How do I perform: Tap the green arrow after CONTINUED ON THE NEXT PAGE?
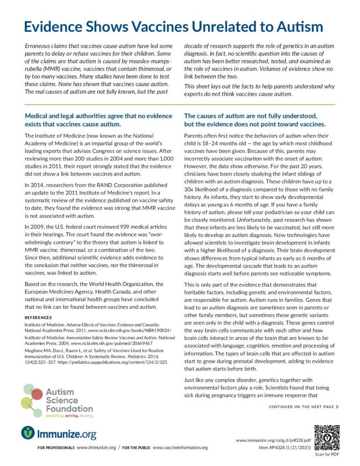point(337,406)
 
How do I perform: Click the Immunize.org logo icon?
point(28,433)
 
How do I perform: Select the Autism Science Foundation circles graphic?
point(31,398)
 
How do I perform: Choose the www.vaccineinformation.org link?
point(180,448)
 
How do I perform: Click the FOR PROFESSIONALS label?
point(56,448)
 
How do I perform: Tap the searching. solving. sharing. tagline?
point(69,415)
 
